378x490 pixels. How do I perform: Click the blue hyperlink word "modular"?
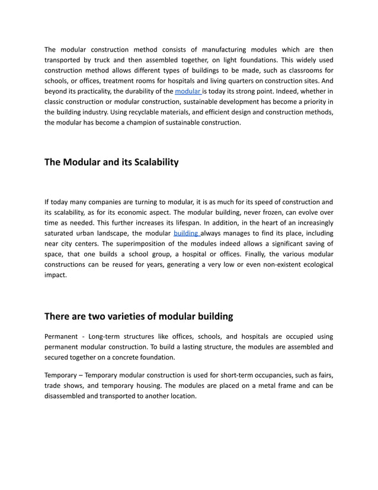click(x=188, y=91)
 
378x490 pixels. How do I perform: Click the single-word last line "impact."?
click(x=57, y=275)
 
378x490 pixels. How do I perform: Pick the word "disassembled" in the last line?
click(x=69, y=396)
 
